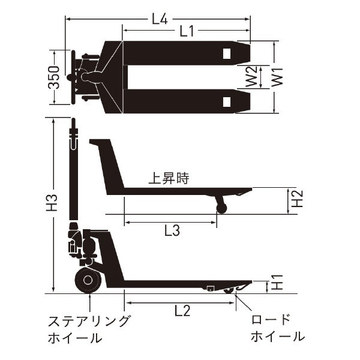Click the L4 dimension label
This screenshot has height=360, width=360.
click(x=158, y=19)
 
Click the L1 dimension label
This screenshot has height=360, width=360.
click(x=187, y=32)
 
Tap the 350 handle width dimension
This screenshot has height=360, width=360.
click(x=55, y=77)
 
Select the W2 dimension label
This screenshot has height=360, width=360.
click(x=254, y=77)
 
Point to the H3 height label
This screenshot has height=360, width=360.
click(x=52, y=202)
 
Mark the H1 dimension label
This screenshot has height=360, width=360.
click(x=276, y=283)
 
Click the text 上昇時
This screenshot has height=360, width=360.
click(x=169, y=179)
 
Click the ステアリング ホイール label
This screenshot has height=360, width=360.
click(x=88, y=329)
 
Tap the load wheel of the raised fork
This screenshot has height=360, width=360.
click(x=221, y=207)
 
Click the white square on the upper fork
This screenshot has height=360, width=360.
click(x=227, y=54)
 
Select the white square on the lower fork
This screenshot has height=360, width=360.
click(x=227, y=101)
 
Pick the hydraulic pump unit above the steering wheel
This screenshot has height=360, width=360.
click(x=87, y=247)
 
